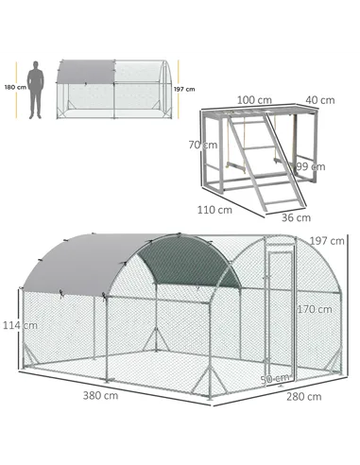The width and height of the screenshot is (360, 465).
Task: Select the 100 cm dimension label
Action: (249, 99)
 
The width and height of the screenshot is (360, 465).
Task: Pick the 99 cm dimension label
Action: (302, 166)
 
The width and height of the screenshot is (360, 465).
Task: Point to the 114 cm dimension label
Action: (12, 326)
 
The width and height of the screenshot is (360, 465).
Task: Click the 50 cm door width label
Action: (274, 378)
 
